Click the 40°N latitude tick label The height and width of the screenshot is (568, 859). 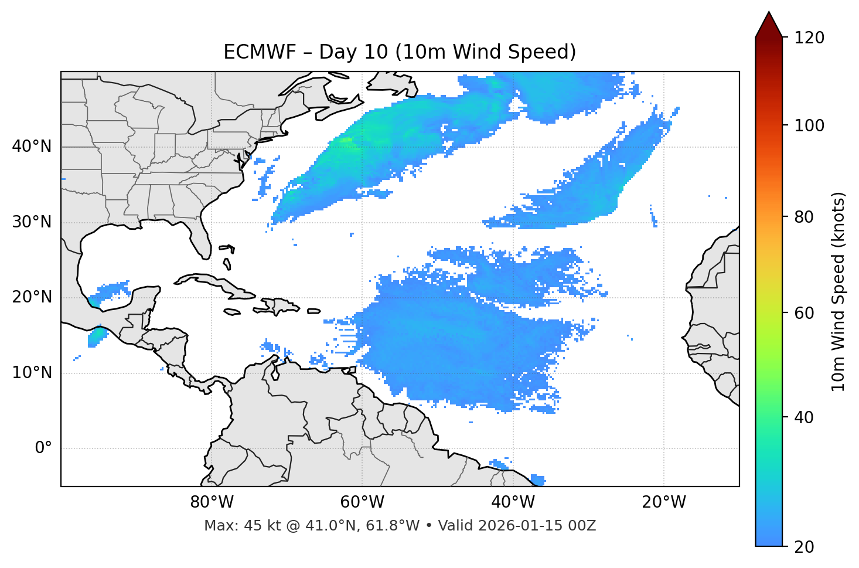(32, 147)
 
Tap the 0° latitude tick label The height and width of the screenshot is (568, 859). (43, 448)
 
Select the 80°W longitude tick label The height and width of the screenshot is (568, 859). (212, 502)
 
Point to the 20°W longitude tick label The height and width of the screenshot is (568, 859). (664, 502)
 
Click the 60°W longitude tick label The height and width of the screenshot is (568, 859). (362, 502)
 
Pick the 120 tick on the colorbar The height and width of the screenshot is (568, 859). (809, 38)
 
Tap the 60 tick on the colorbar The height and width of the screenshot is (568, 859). (804, 313)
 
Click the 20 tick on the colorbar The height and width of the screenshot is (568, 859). (804, 547)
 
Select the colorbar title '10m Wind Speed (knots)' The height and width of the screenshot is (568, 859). (838, 292)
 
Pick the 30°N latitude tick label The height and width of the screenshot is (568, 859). (32, 222)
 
